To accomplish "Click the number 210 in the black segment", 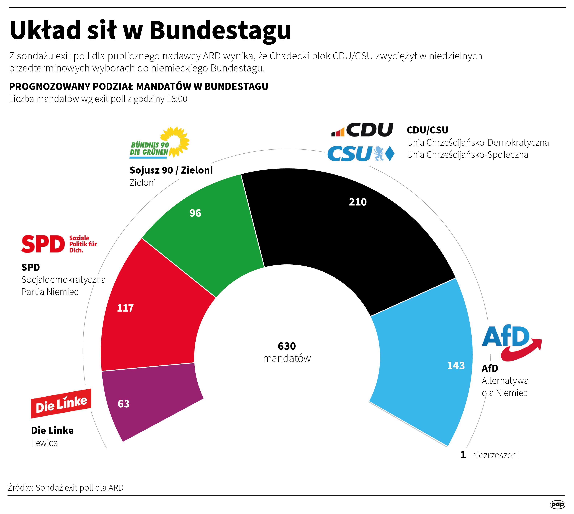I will pos(358,202).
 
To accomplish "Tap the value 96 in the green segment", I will pos(195,213).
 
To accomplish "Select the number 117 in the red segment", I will pos(125,308).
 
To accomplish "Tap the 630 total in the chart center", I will pos(287,346).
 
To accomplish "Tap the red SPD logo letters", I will pos(43,244).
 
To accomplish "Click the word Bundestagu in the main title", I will pos(220,30).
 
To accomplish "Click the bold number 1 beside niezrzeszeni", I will pos(463,455).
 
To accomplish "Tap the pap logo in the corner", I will pos(557,504).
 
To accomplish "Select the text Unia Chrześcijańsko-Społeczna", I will pos(467,155).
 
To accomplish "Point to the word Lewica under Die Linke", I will pos(44,443).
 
